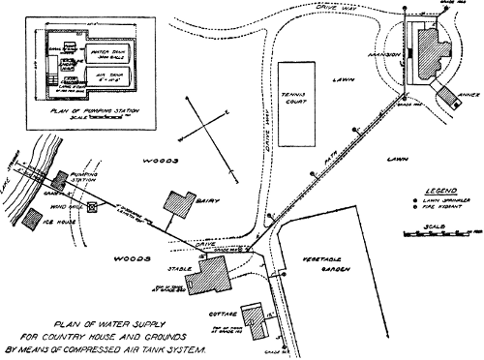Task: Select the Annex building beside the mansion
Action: [448, 95]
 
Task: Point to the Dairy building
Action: [178, 205]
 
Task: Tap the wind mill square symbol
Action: [92, 207]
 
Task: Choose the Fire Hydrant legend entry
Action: [437, 208]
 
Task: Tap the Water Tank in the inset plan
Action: [108, 44]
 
